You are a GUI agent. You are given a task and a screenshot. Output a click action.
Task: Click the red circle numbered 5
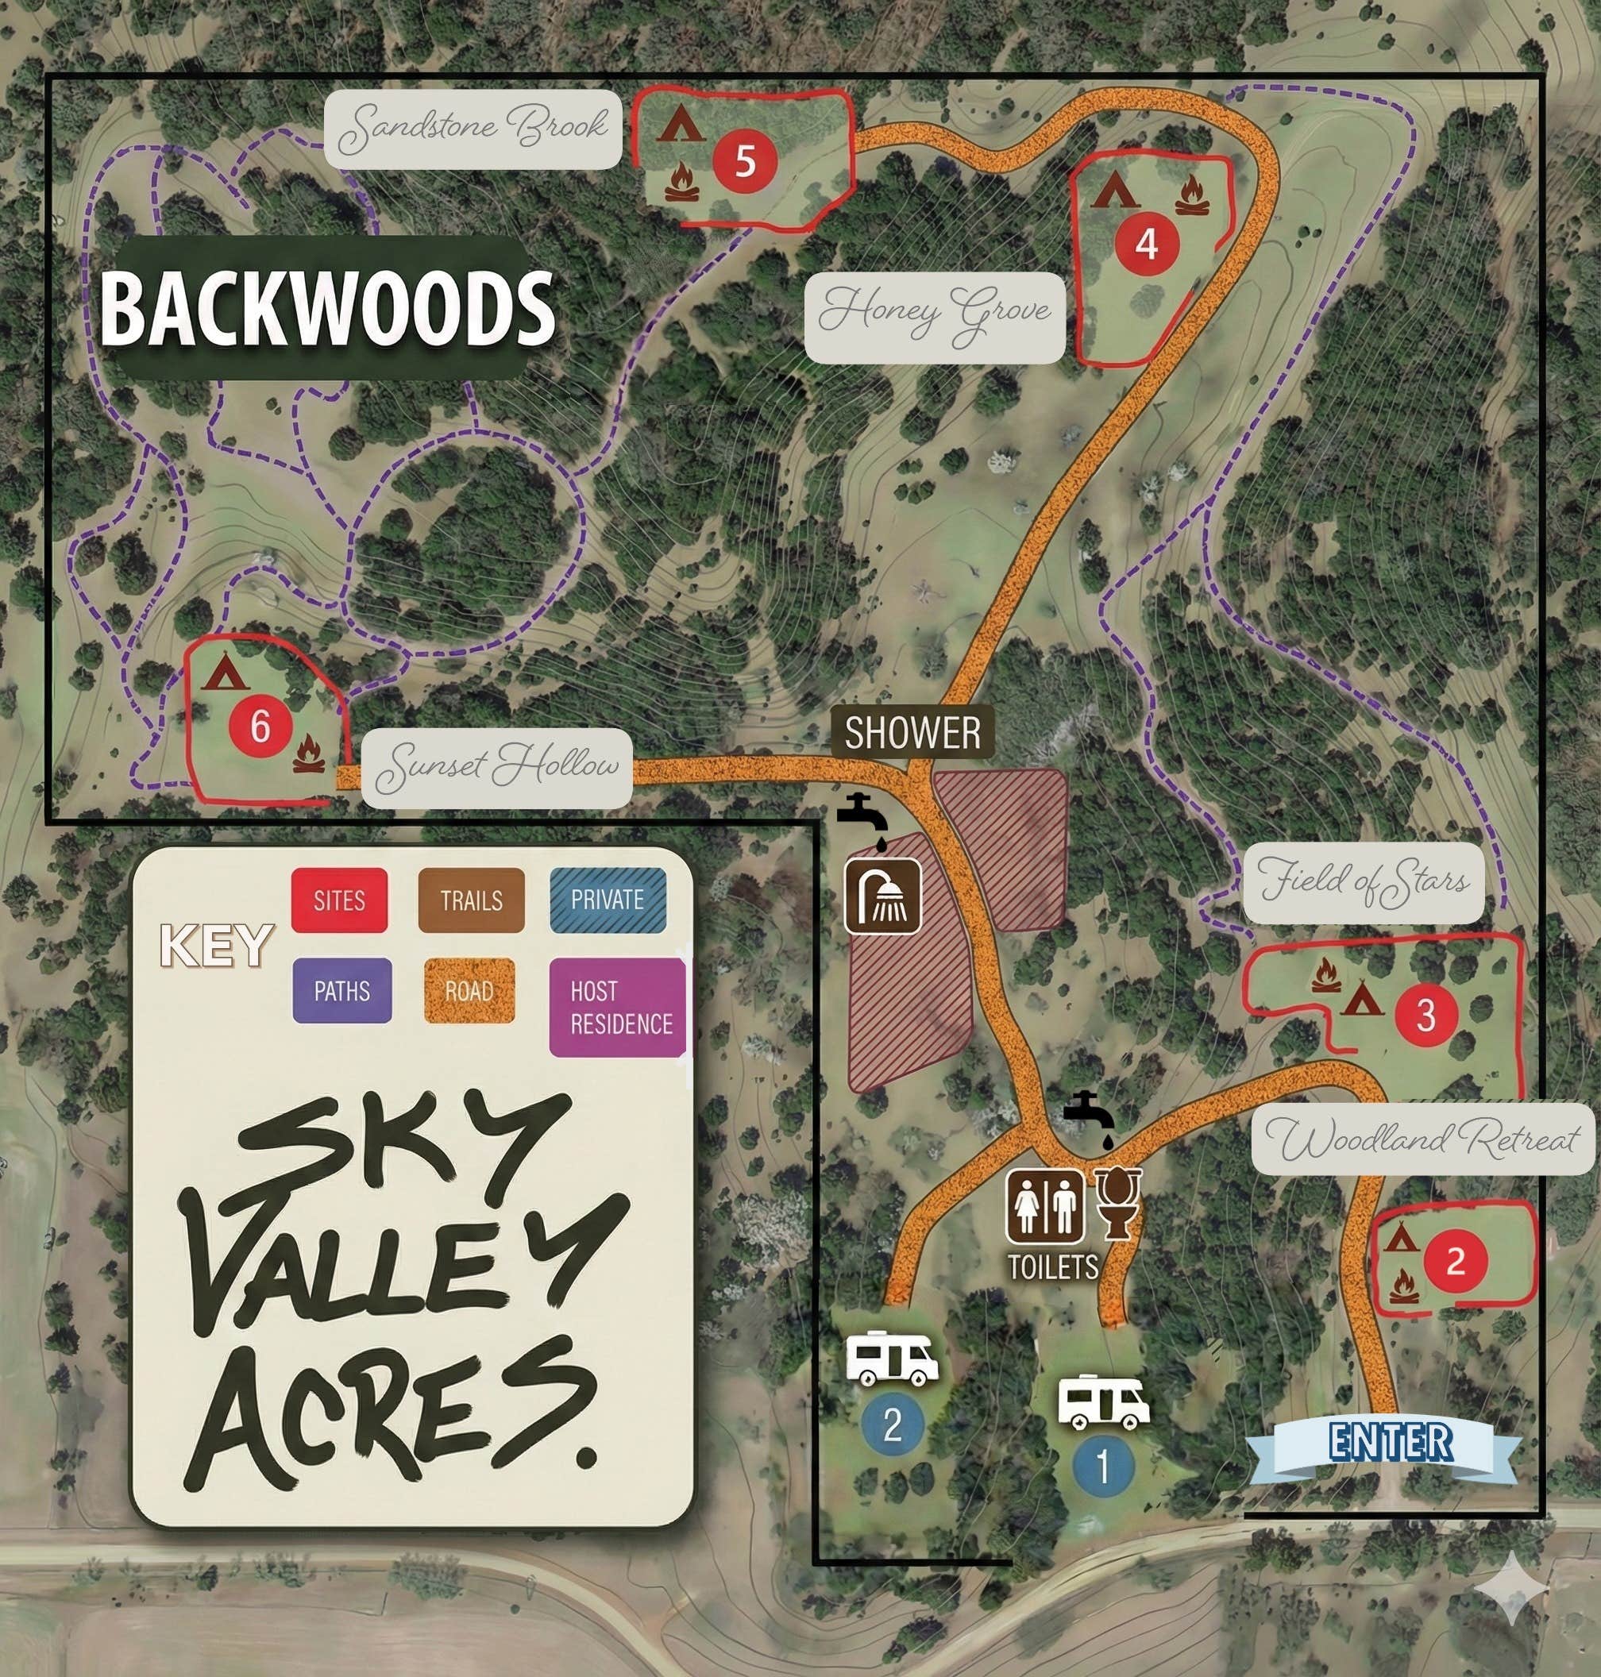(745, 160)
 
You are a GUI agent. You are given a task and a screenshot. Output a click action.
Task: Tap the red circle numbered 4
(1146, 244)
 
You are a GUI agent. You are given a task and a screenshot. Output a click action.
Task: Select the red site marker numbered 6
(260, 727)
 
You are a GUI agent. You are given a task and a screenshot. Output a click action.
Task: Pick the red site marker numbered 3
(1426, 1014)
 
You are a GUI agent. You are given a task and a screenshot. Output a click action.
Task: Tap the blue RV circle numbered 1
(1103, 1467)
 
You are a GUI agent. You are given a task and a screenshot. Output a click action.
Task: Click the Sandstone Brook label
(473, 129)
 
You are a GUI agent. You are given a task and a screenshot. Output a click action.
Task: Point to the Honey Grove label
(935, 318)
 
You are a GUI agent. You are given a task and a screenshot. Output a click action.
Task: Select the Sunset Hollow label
(496, 768)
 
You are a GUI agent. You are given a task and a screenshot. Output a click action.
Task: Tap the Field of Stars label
(1364, 882)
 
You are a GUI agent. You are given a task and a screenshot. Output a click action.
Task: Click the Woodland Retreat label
(1422, 1139)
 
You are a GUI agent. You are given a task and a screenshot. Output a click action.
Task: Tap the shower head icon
(882, 896)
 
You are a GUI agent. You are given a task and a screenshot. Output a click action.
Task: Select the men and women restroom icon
(1045, 1206)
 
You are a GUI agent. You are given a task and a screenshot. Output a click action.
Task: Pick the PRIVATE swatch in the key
(608, 900)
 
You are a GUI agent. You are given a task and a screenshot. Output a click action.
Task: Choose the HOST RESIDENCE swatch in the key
(618, 1007)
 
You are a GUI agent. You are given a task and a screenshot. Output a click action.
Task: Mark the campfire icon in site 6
(308, 755)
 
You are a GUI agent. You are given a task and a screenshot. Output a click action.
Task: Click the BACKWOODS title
(327, 308)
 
